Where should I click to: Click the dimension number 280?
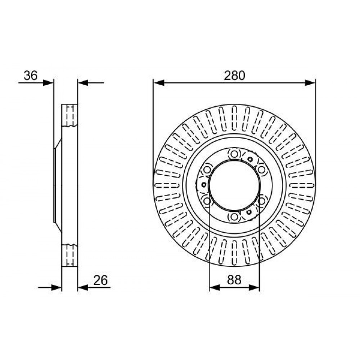pos(234,76)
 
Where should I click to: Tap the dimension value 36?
pos(31,76)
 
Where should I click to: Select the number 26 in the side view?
pos(100,280)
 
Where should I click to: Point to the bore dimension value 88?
pos(234,280)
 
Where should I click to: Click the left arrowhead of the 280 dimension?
pos(159,83)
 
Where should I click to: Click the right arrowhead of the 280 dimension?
pos(310,83)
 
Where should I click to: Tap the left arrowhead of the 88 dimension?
pos(215,287)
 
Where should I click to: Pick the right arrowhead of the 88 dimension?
pos(254,287)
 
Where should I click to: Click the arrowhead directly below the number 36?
pos(48,83)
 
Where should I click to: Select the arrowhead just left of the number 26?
pos(83,287)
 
